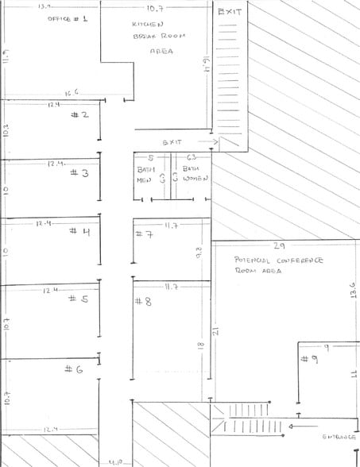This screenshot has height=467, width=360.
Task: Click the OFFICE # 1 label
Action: point(68,17)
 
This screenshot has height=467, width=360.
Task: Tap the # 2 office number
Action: point(79,114)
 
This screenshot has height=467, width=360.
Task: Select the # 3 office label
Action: point(80,172)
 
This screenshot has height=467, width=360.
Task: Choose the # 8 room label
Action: point(143,301)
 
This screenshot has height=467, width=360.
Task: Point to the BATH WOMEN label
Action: point(193,174)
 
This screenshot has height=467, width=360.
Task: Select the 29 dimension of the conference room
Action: point(279,246)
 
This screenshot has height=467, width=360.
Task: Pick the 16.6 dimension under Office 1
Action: point(70,93)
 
